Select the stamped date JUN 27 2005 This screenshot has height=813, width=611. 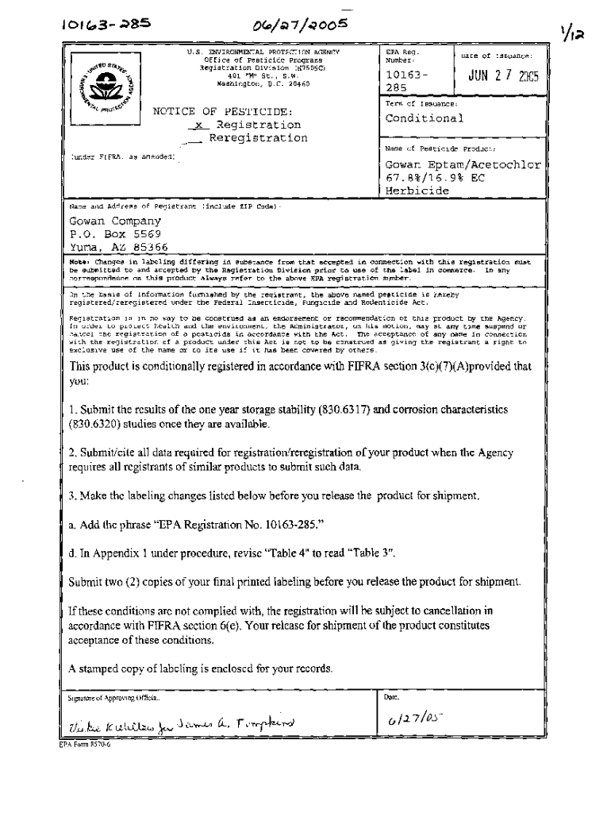(503, 79)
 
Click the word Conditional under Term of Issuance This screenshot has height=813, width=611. (424, 118)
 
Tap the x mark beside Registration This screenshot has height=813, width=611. (199, 125)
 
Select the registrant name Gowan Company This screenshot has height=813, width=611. (115, 222)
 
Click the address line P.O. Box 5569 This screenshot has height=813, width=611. (115, 234)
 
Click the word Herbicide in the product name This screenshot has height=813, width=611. (417, 191)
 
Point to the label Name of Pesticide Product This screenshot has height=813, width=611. (440, 148)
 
